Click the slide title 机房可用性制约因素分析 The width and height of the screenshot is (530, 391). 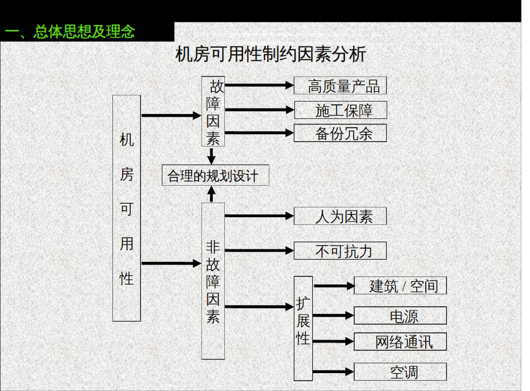click(x=271, y=55)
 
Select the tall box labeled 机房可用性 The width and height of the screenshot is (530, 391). click(x=127, y=208)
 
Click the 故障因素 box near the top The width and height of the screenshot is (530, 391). click(x=213, y=112)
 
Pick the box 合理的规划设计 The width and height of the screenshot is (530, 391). click(x=215, y=175)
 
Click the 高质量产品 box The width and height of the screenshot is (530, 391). click(x=340, y=85)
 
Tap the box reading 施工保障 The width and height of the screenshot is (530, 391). click(x=340, y=109)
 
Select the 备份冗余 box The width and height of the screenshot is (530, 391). click(x=340, y=133)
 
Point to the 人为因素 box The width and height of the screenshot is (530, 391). click(x=340, y=216)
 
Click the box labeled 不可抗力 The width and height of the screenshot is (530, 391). click(x=340, y=251)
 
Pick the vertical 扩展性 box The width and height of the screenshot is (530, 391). click(x=303, y=328)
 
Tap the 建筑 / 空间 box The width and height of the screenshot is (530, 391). click(x=401, y=285)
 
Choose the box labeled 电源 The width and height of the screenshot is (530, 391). click(x=401, y=316)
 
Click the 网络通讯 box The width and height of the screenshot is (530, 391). click(x=401, y=341)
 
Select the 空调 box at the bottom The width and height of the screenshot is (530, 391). click(x=401, y=371)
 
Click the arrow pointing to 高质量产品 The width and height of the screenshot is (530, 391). click(x=259, y=85)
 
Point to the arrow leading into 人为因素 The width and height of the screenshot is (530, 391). click(x=259, y=216)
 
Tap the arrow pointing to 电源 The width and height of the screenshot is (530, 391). click(x=333, y=316)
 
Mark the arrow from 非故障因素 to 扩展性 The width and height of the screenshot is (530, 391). click(x=259, y=306)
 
